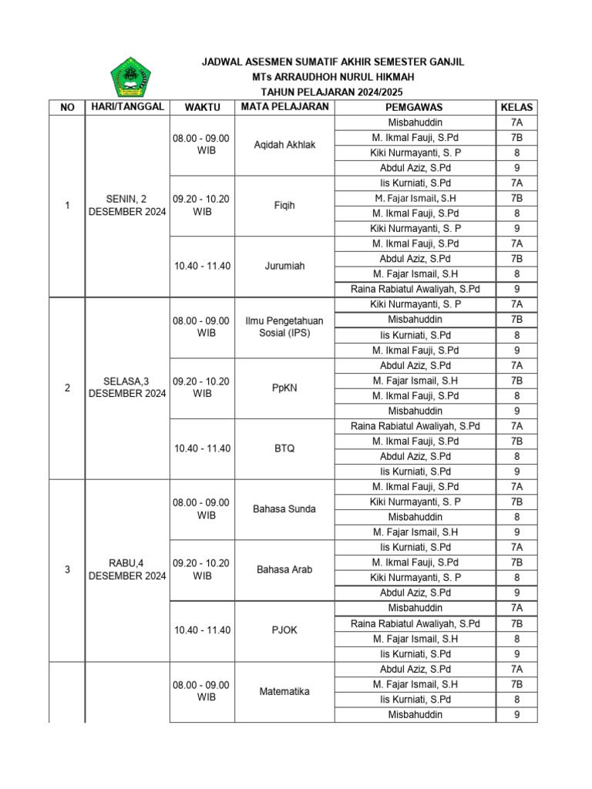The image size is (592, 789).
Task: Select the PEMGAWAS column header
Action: [x=414, y=107]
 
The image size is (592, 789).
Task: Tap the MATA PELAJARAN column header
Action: [x=284, y=106]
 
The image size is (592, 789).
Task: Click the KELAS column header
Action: [x=516, y=107]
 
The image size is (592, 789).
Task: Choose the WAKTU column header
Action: [x=202, y=107]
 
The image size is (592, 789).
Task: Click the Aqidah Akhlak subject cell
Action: [x=284, y=145]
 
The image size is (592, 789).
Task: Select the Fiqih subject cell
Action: [x=284, y=206]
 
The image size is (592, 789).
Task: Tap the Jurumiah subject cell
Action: [x=284, y=266]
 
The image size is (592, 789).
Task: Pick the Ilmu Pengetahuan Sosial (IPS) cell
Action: [x=284, y=327]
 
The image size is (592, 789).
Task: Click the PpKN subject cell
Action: [x=284, y=388]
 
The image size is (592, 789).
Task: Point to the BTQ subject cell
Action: [x=284, y=448]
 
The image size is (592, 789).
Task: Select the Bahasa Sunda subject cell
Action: [x=284, y=509]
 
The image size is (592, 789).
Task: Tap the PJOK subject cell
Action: [x=284, y=630]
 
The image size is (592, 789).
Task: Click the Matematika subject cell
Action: [x=284, y=691]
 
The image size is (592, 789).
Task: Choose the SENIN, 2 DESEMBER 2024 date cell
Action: [x=127, y=206]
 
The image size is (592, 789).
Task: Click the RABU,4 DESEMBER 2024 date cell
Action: [x=127, y=569]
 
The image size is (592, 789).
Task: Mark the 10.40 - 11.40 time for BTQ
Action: [x=202, y=448]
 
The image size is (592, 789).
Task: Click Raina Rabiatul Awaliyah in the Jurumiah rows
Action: [x=415, y=289]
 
